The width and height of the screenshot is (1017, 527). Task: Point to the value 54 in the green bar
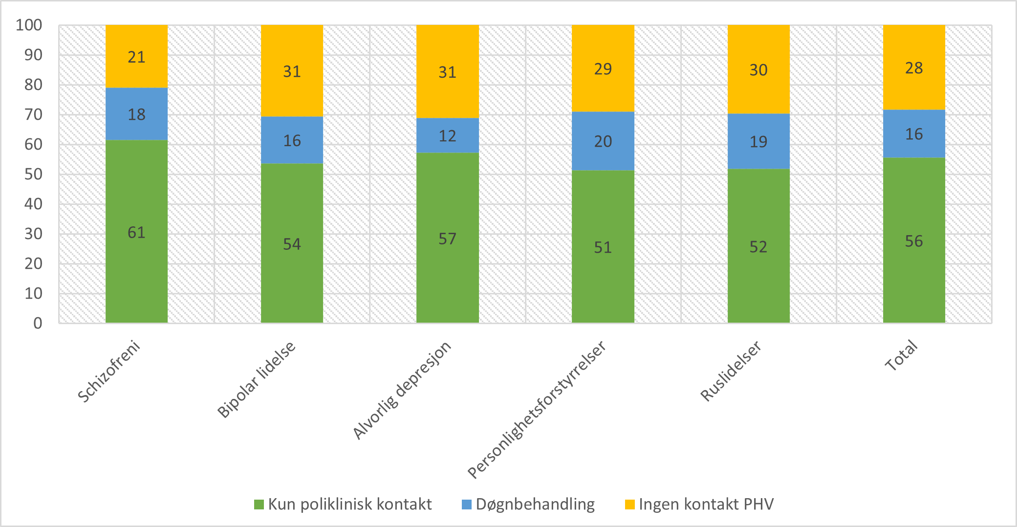292,244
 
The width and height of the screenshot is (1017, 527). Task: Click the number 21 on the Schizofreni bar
136,57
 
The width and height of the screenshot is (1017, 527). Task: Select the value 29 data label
603,69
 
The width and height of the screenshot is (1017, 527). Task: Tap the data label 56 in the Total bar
914,241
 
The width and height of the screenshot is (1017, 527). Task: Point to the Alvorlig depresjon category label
402,390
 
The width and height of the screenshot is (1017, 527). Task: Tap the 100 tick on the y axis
29,25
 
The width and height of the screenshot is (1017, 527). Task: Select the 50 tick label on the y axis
33,174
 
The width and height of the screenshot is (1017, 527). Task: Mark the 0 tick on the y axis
38,323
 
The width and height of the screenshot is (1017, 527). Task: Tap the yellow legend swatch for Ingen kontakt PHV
630,505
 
